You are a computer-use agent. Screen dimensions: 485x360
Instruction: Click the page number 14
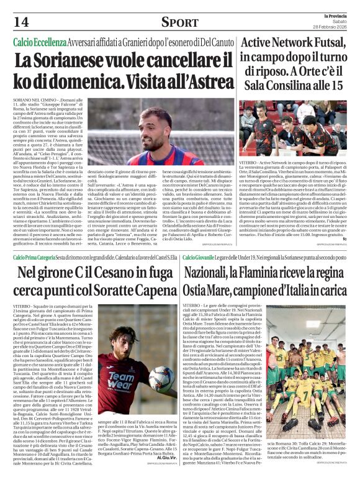[x=20, y=22]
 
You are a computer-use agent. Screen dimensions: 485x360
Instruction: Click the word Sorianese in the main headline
[x=81, y=61]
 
